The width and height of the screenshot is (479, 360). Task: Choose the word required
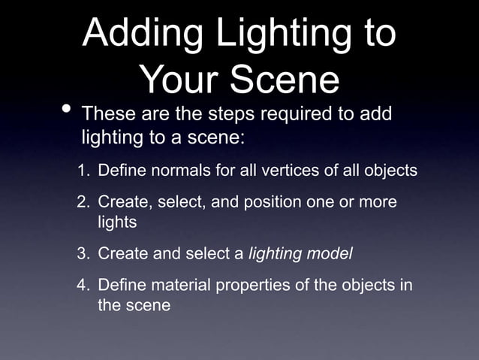click(293, 116)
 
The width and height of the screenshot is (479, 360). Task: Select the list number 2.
click(83, 204)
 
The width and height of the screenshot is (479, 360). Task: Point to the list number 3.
click(83, 253)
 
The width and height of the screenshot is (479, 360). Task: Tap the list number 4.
click(83, 286)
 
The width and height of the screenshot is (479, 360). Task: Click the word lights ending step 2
click(116, 223)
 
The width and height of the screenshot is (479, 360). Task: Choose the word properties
click(244, 286)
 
